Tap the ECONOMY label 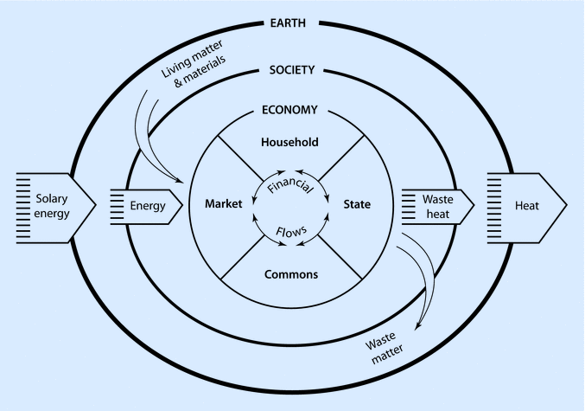pos(289,110)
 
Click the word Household pos(289,141)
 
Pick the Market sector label pos(222,205)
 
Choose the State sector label pos(357,205)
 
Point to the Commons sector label pos(289,274)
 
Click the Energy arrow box pos(147,205)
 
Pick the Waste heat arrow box pos(437,205)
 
